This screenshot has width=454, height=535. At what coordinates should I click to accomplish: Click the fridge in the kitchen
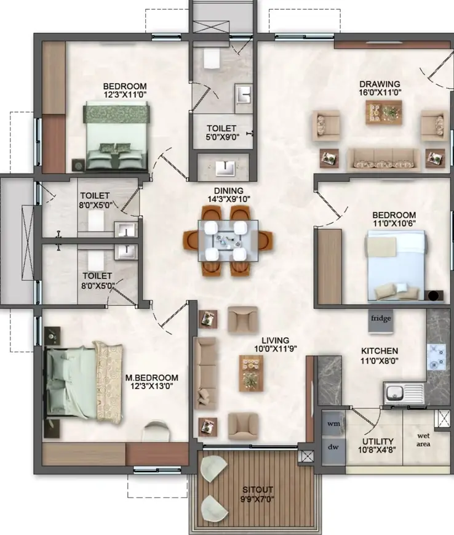click(x=381, y=321)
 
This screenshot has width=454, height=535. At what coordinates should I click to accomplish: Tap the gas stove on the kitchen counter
click(x=436, y=357)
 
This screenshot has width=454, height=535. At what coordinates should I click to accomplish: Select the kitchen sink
click(x=404, y=393)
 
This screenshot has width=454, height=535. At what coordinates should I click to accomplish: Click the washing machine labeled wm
click(x=333, y=424)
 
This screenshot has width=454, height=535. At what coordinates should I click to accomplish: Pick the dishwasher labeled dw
click(x=333, y=447)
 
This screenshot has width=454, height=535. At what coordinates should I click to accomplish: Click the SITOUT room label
click(x=258, y=490)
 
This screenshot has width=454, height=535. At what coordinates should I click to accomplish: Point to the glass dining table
click(x=228, y=241)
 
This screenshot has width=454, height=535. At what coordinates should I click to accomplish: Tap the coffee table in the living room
click(x=251, y=373)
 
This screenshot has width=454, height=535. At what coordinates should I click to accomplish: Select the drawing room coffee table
click(x=384, y=113)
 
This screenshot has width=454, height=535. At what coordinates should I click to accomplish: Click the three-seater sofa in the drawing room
click(x=384, y=159)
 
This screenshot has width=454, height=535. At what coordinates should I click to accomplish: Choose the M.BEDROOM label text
click(x=152, y=378)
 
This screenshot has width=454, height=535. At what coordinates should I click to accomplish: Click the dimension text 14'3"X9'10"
click(x=229, y=199)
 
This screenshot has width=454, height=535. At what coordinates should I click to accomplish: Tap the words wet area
click(x=423, y=440)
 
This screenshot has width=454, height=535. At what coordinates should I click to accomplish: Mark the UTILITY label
click(x=378, y=441)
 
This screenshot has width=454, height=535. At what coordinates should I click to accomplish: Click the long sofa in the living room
click(x=205, y=373)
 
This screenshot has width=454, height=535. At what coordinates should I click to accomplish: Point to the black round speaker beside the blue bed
click(x=433, y=296)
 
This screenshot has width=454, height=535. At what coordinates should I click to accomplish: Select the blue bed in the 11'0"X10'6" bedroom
click(x=397, y=266)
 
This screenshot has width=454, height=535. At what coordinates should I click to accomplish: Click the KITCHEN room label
click(x=380, y=351)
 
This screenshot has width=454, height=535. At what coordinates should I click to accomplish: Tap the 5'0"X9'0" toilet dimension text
click(x=222, y=137)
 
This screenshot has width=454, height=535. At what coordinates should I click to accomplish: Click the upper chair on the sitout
click(x=214, y=469)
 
